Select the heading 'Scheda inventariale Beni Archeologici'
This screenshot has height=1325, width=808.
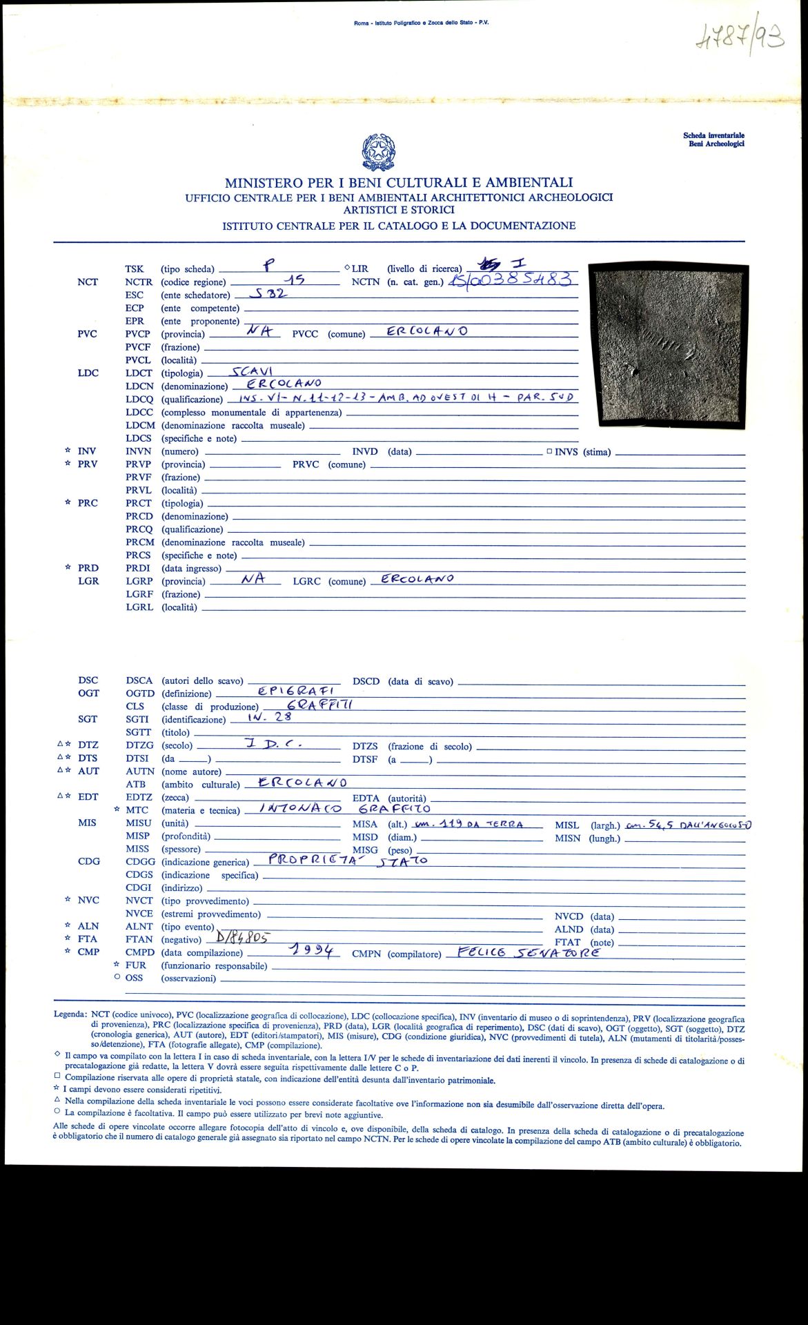(713, 139)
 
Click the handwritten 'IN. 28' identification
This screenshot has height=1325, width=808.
(269, 717)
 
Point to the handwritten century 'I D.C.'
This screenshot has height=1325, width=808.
(273, 744)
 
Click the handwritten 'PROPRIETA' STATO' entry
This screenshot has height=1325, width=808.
(348, 860)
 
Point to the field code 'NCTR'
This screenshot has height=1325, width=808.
(139, 282)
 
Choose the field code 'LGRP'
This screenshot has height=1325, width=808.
(139, 581)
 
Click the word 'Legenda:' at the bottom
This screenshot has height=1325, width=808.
(70, 1014)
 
